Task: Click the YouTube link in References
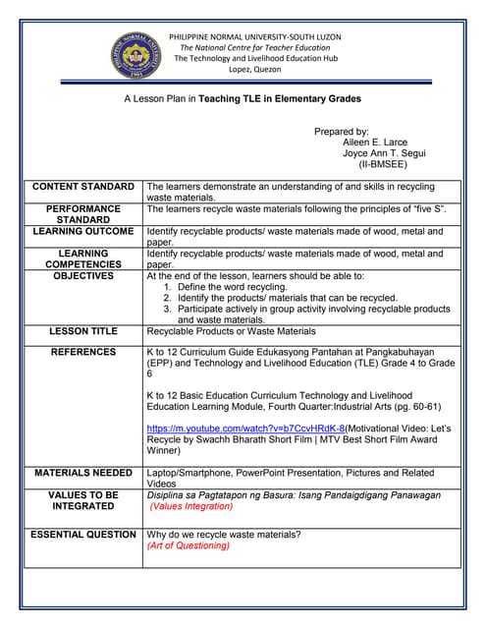coord(245,429)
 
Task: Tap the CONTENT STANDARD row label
coord(83,187)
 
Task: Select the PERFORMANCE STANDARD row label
coord(83,214)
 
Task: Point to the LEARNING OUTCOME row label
coord(83,232)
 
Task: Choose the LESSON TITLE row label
coord(83,332)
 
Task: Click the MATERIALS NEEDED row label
coord(83,474)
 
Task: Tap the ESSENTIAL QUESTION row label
coord(83,535)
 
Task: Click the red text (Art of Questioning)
coord(189,545)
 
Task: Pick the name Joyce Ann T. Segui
coord(384,154)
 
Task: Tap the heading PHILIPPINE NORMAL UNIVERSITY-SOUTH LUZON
coord(255,36)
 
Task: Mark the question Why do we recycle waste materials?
coord(224,535)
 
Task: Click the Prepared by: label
coord(341,132)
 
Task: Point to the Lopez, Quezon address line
coord(254,70)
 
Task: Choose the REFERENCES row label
coord(83,352)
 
